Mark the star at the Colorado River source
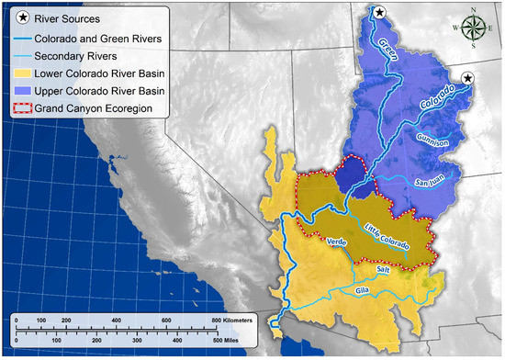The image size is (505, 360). [x=468, y=79]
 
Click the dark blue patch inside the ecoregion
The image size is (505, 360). [x=350, y=174]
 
